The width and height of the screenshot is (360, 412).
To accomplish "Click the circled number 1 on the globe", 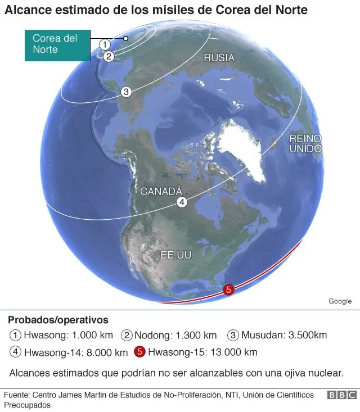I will pos(104,44).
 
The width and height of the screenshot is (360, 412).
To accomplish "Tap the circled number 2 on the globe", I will pos(109,56).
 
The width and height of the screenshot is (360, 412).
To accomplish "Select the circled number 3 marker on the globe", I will pos(126,92).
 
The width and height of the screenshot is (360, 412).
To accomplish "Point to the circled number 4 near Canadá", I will pos(182,203).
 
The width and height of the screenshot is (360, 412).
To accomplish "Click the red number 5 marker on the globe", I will pos(228,290).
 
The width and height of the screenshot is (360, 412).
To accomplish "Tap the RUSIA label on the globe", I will pos(219,57).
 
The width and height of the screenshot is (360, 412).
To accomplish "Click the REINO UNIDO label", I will pos(305,143).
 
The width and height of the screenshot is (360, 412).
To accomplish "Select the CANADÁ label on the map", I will pos(161,191).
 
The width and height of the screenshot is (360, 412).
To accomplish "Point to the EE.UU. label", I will pos(177,255).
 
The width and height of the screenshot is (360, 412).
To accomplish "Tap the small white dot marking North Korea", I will pos(126,38).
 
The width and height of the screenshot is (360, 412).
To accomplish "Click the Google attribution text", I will pos(340,301).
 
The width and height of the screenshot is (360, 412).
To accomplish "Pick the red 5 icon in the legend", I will pos(140,352).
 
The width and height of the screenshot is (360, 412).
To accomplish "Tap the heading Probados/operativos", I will pos(58,320).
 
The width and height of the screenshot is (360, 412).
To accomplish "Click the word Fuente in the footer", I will pos(16,395).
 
